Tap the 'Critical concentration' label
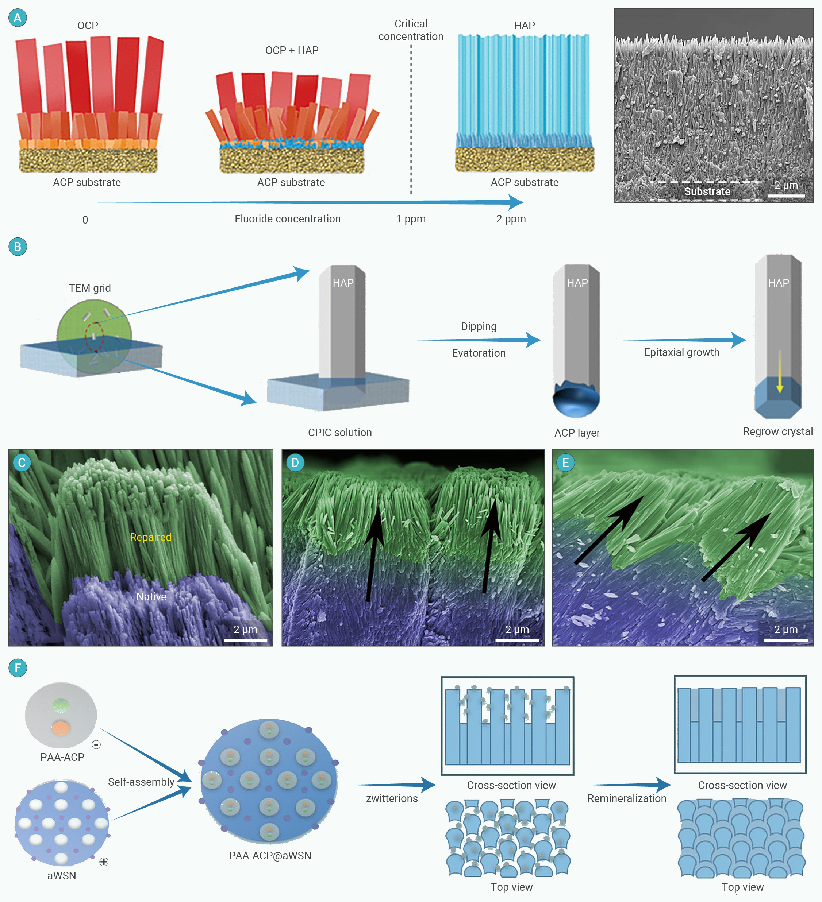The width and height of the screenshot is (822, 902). (411, 30)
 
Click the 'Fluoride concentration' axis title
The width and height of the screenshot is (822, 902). (287, 219)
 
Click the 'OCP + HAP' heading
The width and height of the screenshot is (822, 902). (292, 50)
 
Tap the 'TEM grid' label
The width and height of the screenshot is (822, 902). (90, 288)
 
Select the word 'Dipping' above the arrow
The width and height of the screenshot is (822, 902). (479, 327)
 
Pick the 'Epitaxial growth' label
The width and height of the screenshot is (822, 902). (681, 353)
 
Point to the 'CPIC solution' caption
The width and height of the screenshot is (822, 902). (340, 433)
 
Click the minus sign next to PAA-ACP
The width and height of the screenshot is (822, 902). (96, 744)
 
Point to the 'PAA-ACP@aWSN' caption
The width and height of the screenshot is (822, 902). (270, 855)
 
